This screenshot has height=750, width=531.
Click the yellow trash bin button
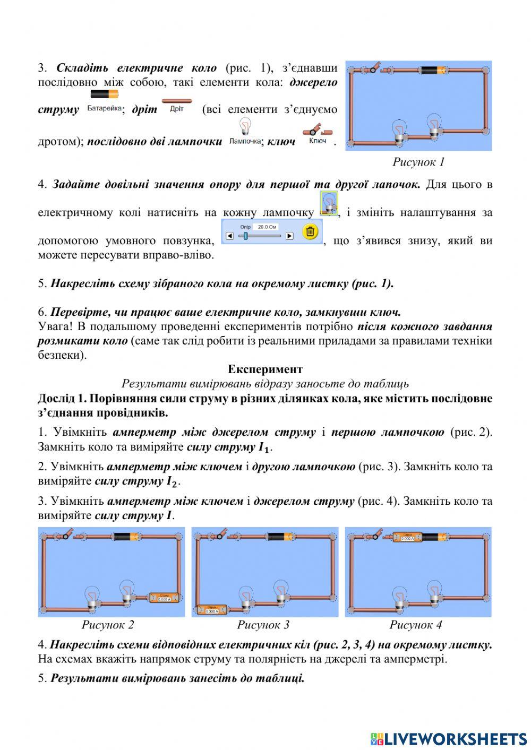[x=311, y=232]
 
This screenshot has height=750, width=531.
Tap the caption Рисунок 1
[x=418, y=162]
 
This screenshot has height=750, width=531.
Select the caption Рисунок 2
[x=108, y=625]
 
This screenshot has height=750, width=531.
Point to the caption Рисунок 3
[x=263, y=625]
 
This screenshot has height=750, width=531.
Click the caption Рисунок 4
[x=416, y=625]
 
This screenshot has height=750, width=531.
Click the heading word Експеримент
[x=265, y=369]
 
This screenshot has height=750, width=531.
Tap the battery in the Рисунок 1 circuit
[x=435, y=70]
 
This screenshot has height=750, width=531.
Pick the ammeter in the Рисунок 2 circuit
[x=164, y=598]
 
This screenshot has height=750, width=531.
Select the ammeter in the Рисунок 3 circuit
[x=211, y=610]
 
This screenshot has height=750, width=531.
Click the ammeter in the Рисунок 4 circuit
[x=407, y=537]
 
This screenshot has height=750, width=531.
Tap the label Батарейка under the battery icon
[x=104, y=109]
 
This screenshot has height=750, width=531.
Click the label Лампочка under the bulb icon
[x=245, y=141]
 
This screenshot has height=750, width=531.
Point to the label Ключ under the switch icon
[x=317, y=141]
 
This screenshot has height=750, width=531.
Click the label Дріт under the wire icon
[x=176, y=109]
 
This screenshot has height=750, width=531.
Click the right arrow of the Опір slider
[x=289, y=236]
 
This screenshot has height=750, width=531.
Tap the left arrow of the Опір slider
[x=229, y=236]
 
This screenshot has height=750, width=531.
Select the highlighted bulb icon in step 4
[x=329, y=204]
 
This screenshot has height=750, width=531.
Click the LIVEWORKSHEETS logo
[x=449, y=738]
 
